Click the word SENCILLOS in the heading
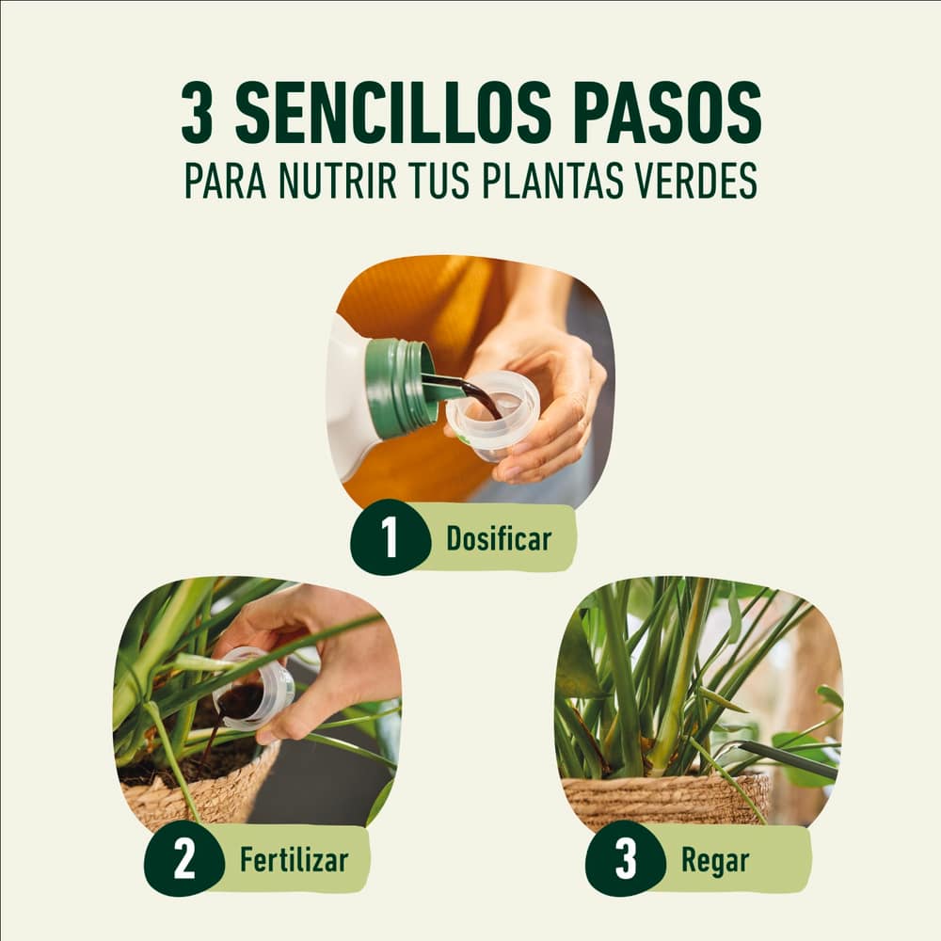coord(392,113)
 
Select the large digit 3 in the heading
coord(197,113)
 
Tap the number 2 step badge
coord(183,859)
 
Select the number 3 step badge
coord(626,859)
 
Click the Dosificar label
coord(498,538)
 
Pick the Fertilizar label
coord(294,859)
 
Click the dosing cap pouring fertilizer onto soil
coord(252,690)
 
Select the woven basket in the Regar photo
coord(665,798)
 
